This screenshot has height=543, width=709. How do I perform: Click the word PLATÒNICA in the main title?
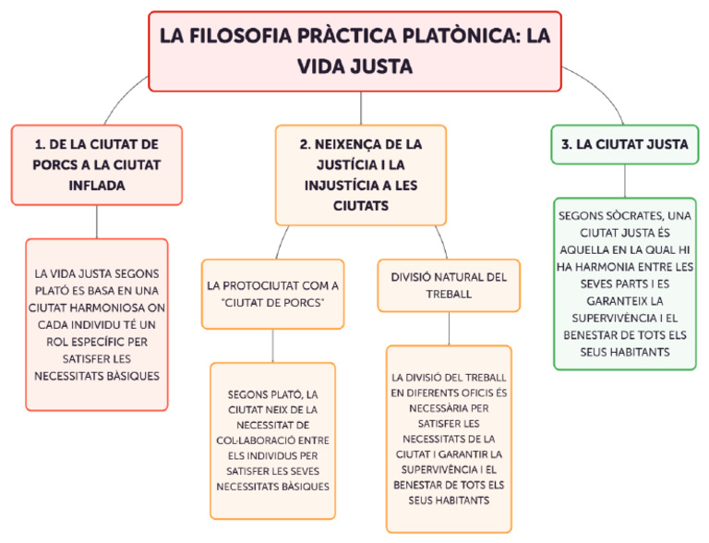pos(450,36)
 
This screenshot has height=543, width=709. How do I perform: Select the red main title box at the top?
pos(354,51)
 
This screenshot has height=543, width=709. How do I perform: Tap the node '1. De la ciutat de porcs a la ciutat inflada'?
pos(97,164)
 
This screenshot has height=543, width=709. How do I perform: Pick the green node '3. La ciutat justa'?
pos(625,144)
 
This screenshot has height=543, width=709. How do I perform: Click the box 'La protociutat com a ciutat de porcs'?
pos(272,295)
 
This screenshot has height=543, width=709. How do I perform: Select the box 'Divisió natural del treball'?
pos(449,285)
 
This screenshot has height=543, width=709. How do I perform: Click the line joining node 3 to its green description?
pos(625,180)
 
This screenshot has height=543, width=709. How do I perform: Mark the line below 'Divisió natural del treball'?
pos(449,328)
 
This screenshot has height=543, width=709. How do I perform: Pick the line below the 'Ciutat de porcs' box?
pos(272,345)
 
